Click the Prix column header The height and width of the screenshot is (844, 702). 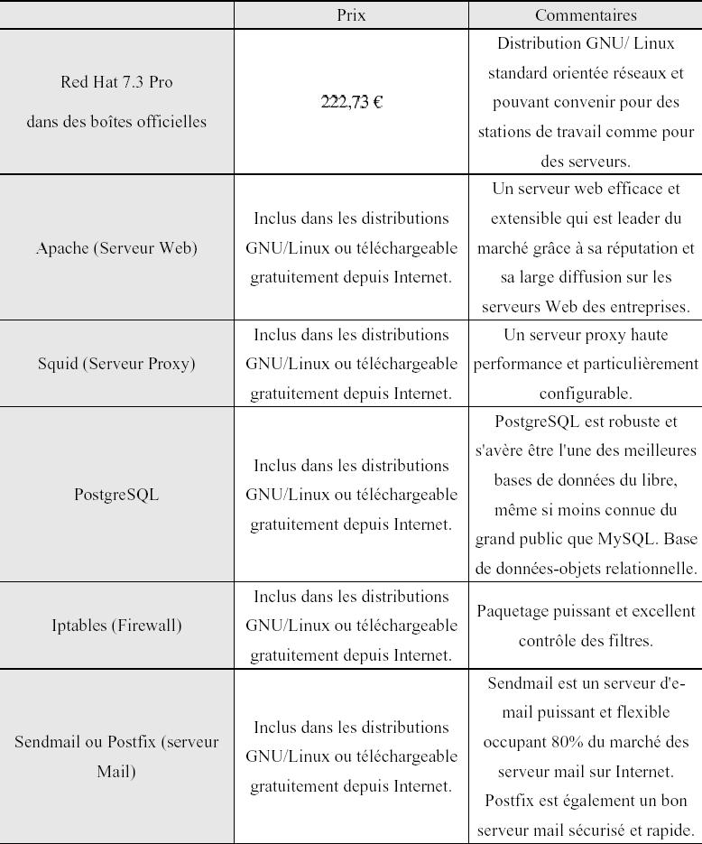pyautogui.click(x=351, y=15)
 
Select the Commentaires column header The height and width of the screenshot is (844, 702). pyautogui.click(x=586, y=15)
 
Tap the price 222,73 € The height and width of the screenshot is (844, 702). pyautogui.click(x=351, y=102)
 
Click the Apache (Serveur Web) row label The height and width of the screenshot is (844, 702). pyautogui.click(x=116, y=247)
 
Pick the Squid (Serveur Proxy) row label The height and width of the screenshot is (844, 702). pyautogui.click(x=116, y=364)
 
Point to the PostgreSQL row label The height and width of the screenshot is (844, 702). pyautogui.click(x=116, y=495)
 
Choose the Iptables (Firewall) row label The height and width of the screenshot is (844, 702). pyautogui.click(x=116, y=625)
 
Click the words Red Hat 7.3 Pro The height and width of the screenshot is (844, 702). pyautogui.click(x=116, y=82)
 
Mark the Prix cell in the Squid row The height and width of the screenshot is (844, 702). pyautogui.click(x=351, y=364)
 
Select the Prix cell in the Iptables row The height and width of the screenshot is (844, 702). pyautogui.click(x=351, y=626)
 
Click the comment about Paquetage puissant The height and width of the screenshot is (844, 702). pyautogui.click(x=586, y=626)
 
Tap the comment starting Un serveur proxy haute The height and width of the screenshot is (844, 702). pyautogui.click(x=586, y=364)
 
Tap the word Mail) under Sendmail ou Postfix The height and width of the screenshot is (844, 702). pyautogui.click(x=116, y=772)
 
